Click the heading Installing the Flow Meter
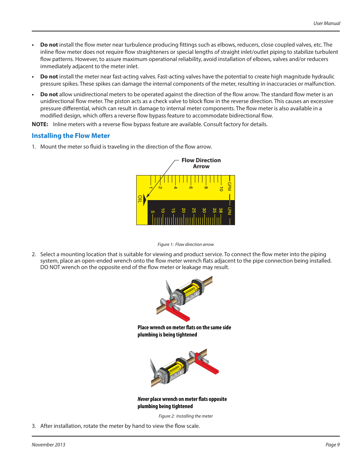(71, 136)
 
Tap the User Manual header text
(327, 23)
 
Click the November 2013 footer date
(48, 445)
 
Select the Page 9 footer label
(332, 445)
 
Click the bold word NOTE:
(40, 124)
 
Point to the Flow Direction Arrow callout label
(201, 163)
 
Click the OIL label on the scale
(140, 199)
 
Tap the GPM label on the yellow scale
(229, 186)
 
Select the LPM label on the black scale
(229, 211)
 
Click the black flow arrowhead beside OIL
(145, 200)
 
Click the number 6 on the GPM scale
(191, 187)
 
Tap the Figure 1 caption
(185, 244)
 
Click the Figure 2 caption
(185, 416)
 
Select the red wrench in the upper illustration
(176, 310)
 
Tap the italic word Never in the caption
(143, 399)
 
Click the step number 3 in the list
(34, 426)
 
